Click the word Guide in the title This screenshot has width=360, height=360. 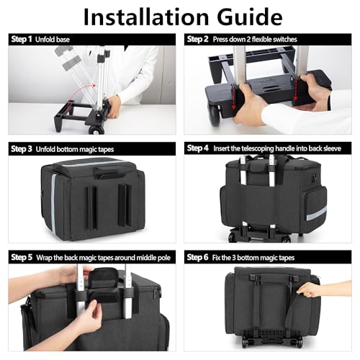[x=250, y=17]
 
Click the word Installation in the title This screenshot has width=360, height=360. [x=146, y=17]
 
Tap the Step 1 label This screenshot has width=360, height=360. [x=22, y=39]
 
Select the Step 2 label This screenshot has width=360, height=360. [x=197, y=39]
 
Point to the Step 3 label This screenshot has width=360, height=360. [x=22, y=149]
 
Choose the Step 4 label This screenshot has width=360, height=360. [x=197, y=148]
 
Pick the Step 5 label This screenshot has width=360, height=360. [x=22, y=257]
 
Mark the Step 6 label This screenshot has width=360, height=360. [x=197, y=257]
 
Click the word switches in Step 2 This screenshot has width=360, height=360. [x=285, y=40]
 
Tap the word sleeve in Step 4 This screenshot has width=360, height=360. [x=332, y=148]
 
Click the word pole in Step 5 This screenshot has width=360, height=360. [x=165, y=258]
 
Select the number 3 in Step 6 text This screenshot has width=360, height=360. [x=234, y=258]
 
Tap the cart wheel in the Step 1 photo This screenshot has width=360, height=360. [x=96, y=130]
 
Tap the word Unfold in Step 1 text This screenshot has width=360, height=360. [x=44, y=40]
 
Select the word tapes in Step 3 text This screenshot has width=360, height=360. [x=106, y=150]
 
